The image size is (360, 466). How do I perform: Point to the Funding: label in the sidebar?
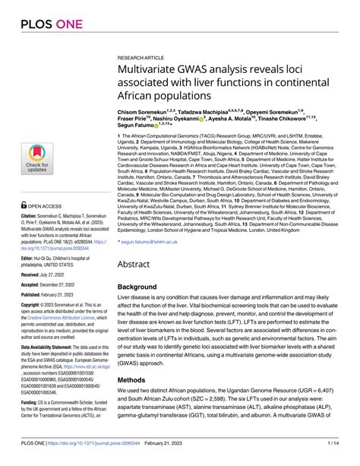30,420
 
